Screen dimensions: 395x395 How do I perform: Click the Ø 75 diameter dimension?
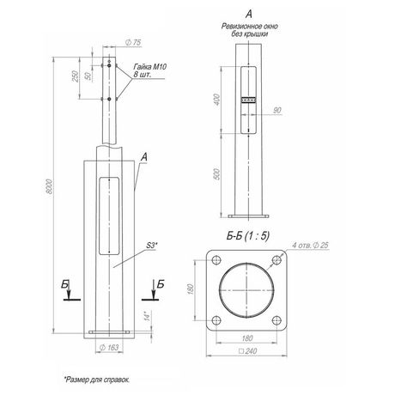tap(133, 42)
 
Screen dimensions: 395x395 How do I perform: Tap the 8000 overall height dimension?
tap(49, 187)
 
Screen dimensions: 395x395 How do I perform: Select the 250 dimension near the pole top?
tap(75, 76)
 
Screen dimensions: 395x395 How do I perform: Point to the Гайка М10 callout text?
tap(150, 67)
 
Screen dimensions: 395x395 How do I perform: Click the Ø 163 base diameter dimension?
tap(109, 348)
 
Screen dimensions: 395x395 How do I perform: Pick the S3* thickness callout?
tap(152, 246)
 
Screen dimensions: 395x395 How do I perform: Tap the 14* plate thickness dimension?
tap(147, 316)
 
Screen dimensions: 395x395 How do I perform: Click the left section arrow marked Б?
tap(69, 290)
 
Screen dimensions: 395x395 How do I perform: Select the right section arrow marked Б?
tap(154, 290)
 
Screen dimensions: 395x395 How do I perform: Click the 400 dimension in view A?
tap(217, 100)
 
